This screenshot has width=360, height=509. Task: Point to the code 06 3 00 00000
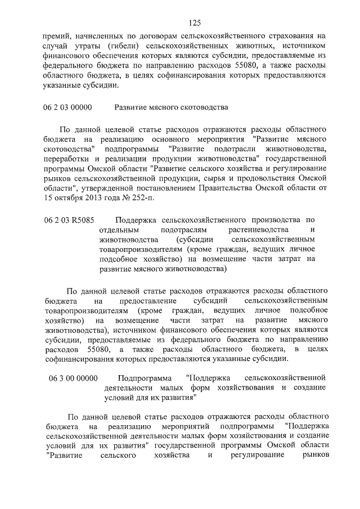73,377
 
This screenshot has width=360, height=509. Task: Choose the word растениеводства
259,232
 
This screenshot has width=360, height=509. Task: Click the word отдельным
120,232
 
